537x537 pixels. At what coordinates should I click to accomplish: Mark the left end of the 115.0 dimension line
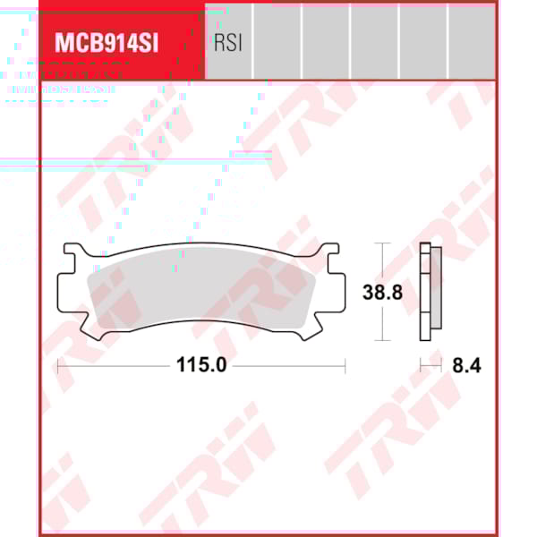point(58,364)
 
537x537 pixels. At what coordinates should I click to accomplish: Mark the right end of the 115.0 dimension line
point(345,364)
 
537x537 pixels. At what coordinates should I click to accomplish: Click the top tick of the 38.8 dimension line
point(382,243)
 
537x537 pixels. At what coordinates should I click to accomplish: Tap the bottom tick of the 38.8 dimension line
point(382,340)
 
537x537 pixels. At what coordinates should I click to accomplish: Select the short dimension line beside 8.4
point(431,364)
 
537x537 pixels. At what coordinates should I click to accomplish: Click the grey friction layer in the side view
point(437,291)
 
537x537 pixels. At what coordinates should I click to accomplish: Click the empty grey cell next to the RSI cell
point(277,40)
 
